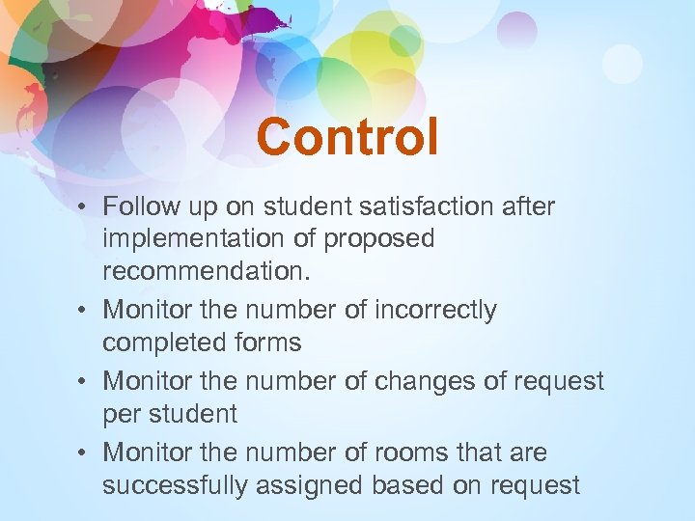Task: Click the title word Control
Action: [347, 137]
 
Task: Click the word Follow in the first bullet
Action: [135, 206]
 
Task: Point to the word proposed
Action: [379, 239]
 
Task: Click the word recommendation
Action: [207, 271]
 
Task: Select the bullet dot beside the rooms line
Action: [87, 452]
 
